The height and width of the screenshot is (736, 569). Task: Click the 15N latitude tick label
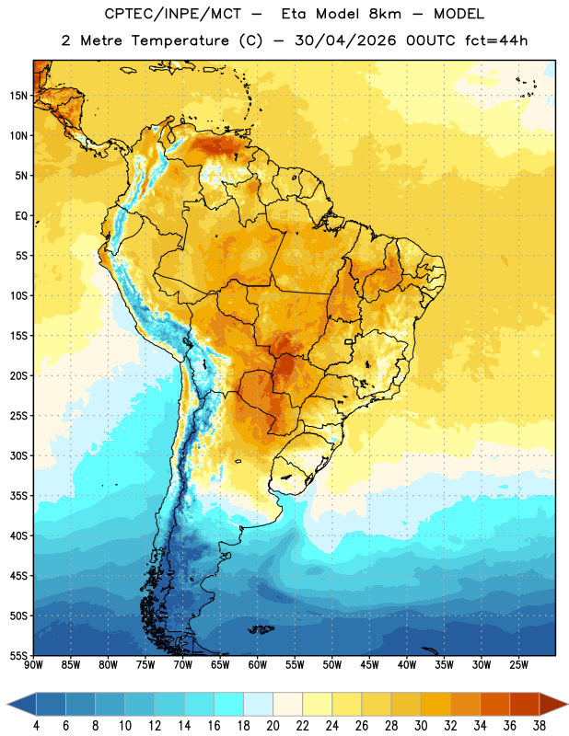point(18,96)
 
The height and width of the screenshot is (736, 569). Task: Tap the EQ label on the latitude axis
point(21,216)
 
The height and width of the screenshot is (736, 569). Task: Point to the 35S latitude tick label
point(18,496)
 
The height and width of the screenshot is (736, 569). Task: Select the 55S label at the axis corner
point(18,656)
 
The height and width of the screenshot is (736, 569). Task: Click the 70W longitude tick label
point(183,665)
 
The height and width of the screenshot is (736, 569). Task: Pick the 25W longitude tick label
point(518,665)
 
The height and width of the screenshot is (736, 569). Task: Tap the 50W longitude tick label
point(332,665)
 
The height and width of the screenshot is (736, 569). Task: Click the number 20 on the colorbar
point(273,726)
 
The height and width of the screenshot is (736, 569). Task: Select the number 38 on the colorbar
point(540,726)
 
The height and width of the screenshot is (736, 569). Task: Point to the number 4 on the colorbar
point(36,726)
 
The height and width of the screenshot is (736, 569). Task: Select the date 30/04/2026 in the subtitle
point(345,40)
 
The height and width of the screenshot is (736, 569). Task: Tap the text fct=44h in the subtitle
point(496,40)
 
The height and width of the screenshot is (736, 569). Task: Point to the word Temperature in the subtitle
point(180,41)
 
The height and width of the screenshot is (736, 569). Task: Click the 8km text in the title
point(385,14)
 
